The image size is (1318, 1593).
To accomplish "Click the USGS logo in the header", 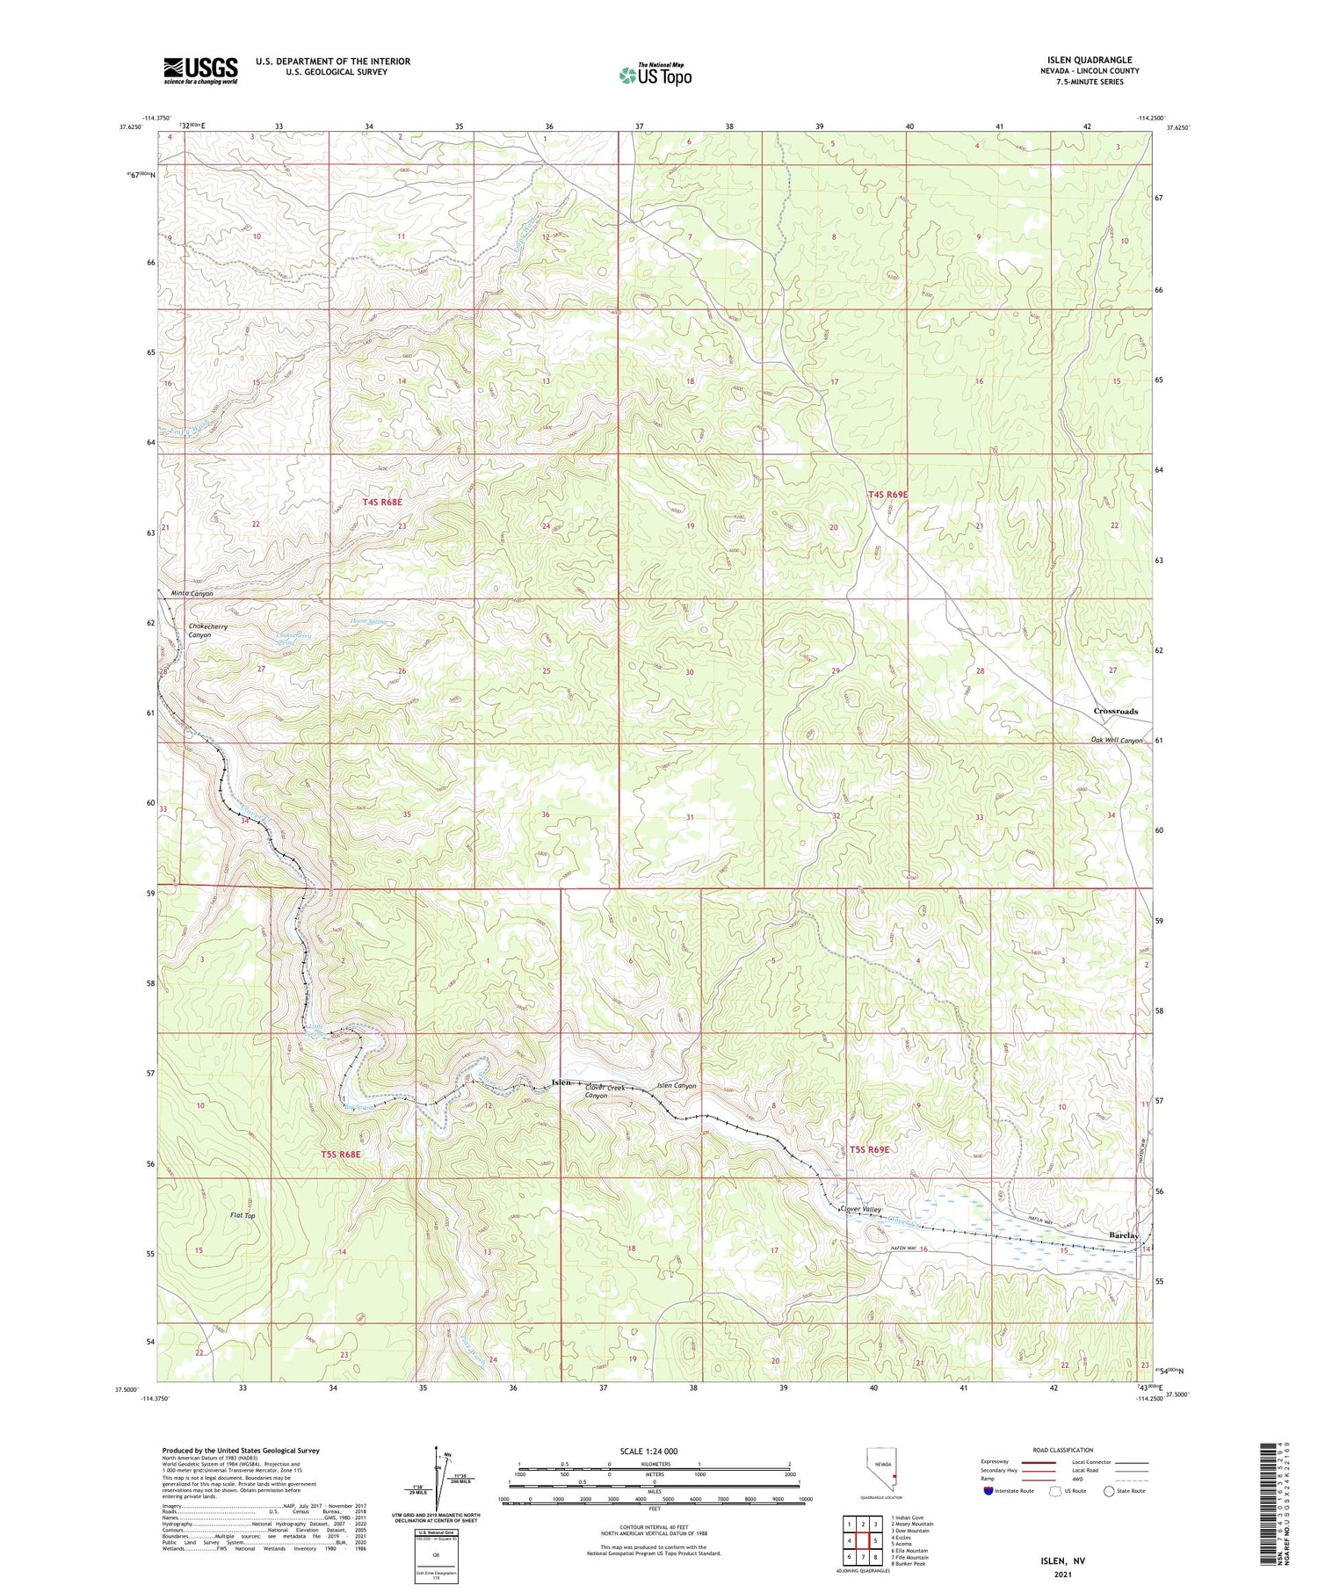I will pyautogui.click(x=200, y=70).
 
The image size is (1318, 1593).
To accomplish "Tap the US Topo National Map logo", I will pyautogui.click(x=655, y=75).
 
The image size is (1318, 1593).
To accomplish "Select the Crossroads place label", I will pyautogui.click(x=1115, y=711).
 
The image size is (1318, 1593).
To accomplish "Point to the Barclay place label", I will pyautogui.click(x=1123, y=1235).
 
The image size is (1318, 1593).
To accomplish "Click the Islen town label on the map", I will pyautogui.click(x=561, y=1082).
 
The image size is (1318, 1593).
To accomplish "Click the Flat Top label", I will pyautogui.click(x=243, y=1216).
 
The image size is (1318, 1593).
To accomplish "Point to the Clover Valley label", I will pyautogui.click(x=860, y=1210).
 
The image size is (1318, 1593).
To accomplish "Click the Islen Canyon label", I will pyautogui.click(x=677, y=1086).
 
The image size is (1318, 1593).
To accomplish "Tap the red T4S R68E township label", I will pyautogui.click(x=382, y=502).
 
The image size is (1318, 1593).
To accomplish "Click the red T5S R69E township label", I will pyautogui.click(x=869, y=1149).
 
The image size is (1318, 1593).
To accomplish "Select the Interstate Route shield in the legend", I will pyautogui.click(x=989, y=1491).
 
